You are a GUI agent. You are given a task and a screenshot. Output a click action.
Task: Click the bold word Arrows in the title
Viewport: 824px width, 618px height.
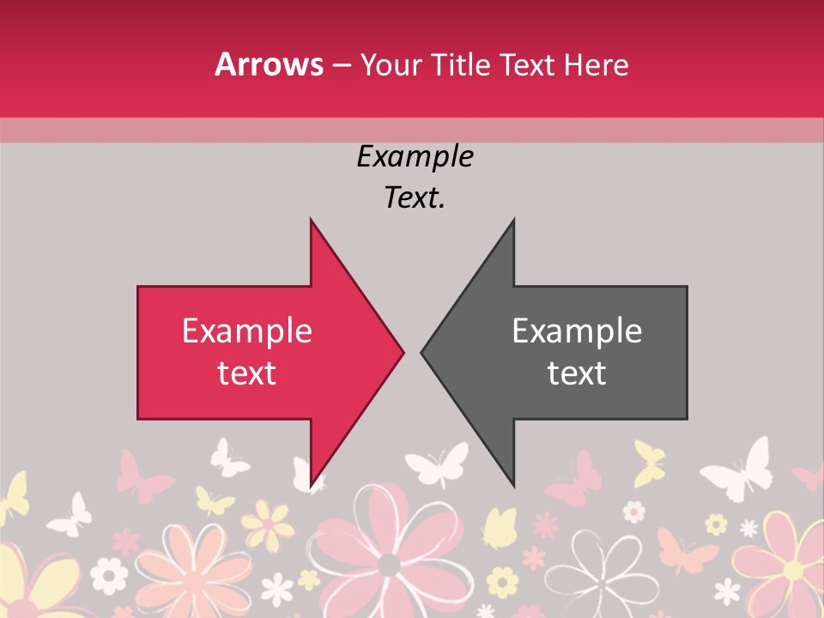tap(270, 64)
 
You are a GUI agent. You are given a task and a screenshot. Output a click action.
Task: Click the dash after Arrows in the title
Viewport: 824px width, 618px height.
tap(341, 65)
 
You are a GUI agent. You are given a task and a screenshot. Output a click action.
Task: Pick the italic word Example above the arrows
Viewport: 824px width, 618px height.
tap(415, 156)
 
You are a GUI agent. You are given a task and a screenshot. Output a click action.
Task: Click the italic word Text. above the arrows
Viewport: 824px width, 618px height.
tap(415, 197)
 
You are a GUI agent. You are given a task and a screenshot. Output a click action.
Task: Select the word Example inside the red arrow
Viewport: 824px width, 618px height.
tap(247, 330)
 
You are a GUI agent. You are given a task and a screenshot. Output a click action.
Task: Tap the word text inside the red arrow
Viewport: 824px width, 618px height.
tap(247, 373)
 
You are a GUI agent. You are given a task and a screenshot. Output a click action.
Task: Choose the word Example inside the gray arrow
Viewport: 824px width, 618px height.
tap(577, 330)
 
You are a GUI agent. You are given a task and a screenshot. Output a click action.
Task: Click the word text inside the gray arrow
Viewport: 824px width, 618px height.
tap(577, 373)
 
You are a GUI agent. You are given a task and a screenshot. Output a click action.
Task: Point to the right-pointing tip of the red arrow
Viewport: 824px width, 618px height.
tap(403, 352)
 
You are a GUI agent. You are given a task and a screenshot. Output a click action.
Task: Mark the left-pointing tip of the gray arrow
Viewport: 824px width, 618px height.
tap(422, 352)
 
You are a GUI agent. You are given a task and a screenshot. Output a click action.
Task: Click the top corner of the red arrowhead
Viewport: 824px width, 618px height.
tap(311, 221)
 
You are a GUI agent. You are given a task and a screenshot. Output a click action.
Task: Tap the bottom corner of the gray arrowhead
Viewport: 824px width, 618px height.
tap(513, 486)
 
